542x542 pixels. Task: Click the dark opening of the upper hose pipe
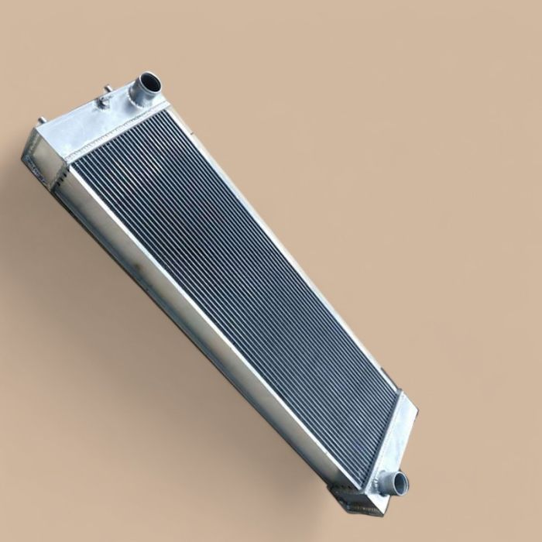pyautogui.click(x=149, y=81)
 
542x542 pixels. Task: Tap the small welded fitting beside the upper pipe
pyautogui.click(x=104, y=105)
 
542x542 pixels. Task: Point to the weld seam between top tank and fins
pyautogui.click(x=116, y=132)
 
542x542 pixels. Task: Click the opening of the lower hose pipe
pyautogui.click(x=400, y=485)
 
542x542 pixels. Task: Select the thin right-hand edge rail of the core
pyautogui.click(x=294, y=256)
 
